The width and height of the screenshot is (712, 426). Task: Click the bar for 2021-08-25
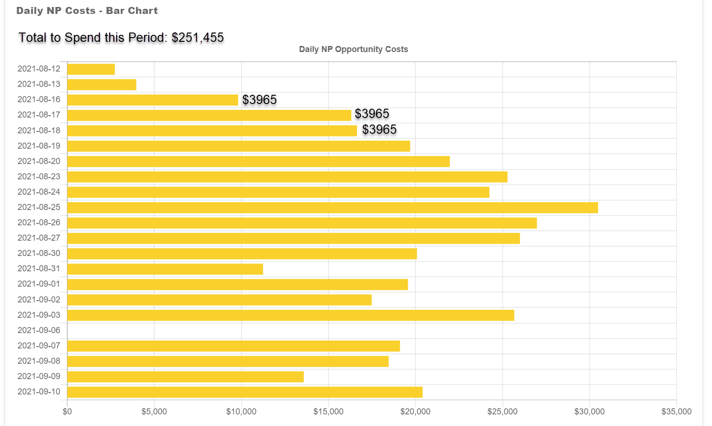pyautogui.click(x=332, y=208)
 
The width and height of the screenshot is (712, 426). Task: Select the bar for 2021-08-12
pyautogui.click(x=91, y=69)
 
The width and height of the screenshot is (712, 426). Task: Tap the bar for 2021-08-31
pyautogui.click(x=165, y=269)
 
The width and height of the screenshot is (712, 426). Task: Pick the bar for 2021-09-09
pyautogui.click(x=185, y=377)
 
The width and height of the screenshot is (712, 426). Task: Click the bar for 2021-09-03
pyautogui.click(x=290, y=315)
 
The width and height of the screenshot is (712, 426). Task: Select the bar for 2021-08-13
pyautogui.click(x=102, y=85)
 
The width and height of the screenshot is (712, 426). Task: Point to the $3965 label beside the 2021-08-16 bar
pyautogui.click(x=259, y=100)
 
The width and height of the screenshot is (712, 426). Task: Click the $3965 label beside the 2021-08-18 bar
pyautogui.click(x=379, y=130)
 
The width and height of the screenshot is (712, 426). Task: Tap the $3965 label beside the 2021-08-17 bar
pyautogui.click(x=372, y=114)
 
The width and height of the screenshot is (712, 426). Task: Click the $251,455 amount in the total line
pyautogui.click(x=198, y=38)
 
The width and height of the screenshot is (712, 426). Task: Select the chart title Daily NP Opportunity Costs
pyautogui.click(x=353, y=49)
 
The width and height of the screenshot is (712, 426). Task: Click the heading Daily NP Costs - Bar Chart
pyautogui.click(x=87, y=11)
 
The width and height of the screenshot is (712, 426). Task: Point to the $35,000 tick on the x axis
pyautogui.click(x=676, y=412)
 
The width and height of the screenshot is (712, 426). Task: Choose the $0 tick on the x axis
pyautogui.click(x=67, y=412)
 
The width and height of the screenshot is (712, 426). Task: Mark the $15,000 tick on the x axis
pyautogui.click(x=328, y=412)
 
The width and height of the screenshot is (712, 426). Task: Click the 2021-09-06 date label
pyautogui.click(x=39, y=330)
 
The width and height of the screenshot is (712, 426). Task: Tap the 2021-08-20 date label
pyautogui.click(x=39, y=161)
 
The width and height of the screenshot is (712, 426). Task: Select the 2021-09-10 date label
pyautogui.click(x=39, y=392)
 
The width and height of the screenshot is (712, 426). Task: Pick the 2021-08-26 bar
pyautogui.click(x=302, y=223)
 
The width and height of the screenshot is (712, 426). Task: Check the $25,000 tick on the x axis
pyautogui.click(x=502, y=412)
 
